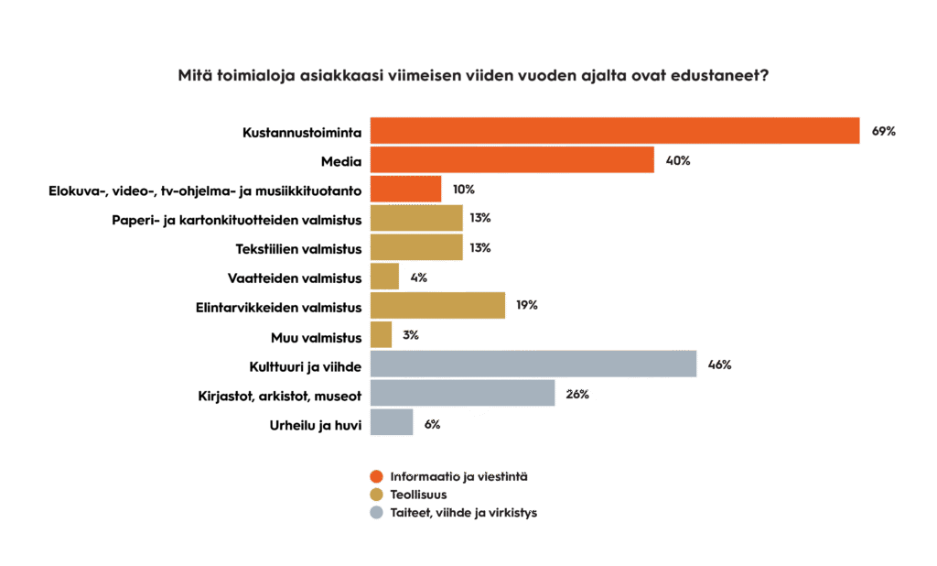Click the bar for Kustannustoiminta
click(614, 131)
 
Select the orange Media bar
click(512, 160)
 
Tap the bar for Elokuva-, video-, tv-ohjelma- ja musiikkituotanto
click(405, 190)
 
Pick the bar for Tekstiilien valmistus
click(415, 247)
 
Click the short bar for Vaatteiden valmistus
click(384, 277)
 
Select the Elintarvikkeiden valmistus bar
click(437, 306)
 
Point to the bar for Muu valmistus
click(381, 335)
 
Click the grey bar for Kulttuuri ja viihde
click(533, 365)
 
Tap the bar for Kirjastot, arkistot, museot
click(462, 394)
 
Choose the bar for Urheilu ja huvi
click(392, 423)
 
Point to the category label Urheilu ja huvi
click(315, 424)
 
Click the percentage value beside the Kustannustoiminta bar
click(883, 132)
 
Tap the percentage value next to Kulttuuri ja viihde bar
click(719, 365)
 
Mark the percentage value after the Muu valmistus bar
click(410, 335)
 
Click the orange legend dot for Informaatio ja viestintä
click(375, 476)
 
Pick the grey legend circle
click(375, 513)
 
